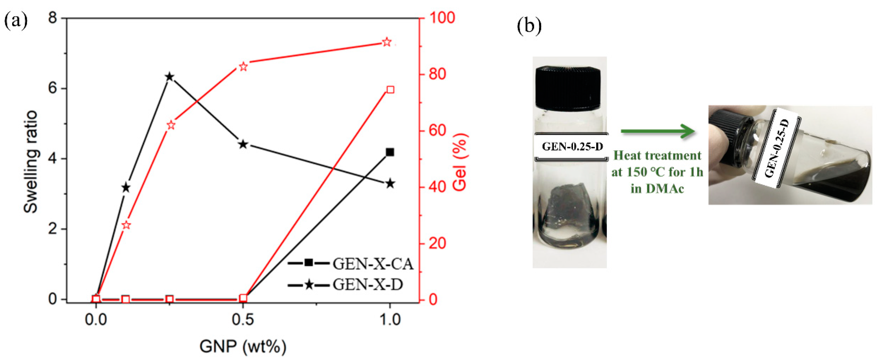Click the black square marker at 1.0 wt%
click(390, 152)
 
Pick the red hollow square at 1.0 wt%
click(390, 90)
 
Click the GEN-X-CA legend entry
click(350, 264)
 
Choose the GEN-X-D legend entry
click(345, 284)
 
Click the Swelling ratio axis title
click(31, 161)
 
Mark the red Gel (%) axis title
click(460, 161)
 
